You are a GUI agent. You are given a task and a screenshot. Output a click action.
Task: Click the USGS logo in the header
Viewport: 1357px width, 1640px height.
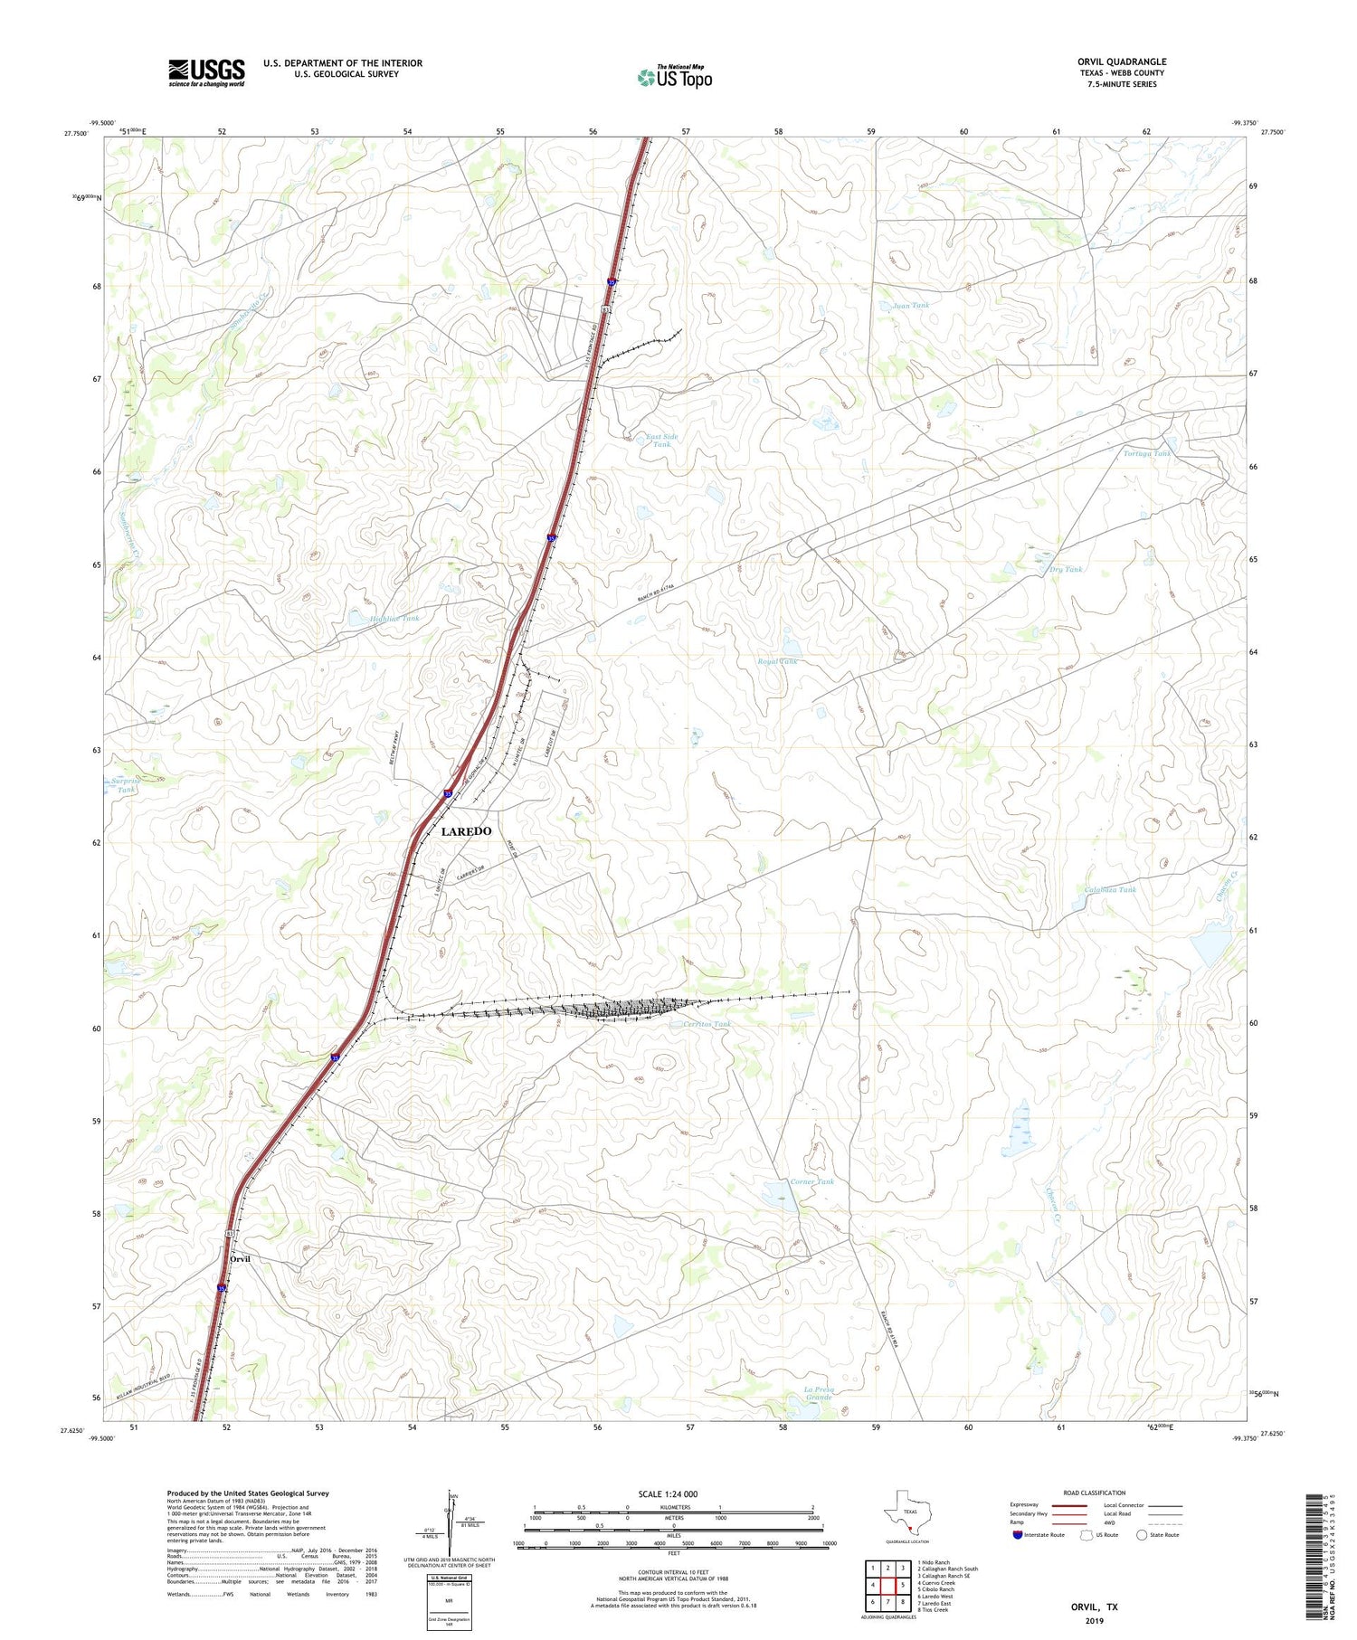tap(206, 72)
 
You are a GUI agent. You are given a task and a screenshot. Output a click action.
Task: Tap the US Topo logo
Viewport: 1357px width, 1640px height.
tap(675, 78)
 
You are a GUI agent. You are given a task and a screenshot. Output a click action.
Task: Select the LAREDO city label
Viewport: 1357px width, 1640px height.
tap(466, 831)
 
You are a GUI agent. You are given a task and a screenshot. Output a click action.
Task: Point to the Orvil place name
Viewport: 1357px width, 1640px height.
tap(240, 1259)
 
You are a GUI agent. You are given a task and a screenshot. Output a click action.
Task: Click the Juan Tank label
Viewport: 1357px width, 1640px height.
tap(910, 306)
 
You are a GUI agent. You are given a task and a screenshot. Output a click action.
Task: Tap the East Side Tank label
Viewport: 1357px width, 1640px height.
tap(661, 441)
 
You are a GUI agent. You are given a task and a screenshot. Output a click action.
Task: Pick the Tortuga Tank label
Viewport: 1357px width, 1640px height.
tap(1146, 453)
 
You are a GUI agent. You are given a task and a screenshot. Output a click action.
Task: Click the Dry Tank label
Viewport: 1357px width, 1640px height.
tap(1065, 569)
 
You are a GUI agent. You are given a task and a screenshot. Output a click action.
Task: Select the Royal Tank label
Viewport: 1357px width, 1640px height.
tap(777, 661)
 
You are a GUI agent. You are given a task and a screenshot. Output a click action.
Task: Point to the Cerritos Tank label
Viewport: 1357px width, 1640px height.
tap(707, 1024)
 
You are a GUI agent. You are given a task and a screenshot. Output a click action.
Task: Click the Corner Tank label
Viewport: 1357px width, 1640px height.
tap(811, 1181)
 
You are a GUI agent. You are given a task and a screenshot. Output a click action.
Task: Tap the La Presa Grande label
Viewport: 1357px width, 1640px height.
tap(818, 1393)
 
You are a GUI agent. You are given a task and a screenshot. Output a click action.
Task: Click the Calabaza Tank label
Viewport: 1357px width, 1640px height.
tap(1109, 889)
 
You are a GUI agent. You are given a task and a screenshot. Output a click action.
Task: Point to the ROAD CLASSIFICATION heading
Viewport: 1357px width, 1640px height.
tap(1095, 1493)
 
